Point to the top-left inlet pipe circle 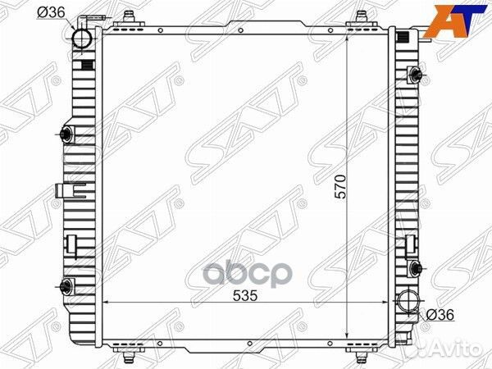tap(83, 39)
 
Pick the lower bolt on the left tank tap(66, 285)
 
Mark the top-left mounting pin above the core tap(129, 17)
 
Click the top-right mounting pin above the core tap(360, 17)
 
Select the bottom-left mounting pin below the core tap(129, 354)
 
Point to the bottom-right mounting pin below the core tap(360, 354)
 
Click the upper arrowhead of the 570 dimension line tap(350, 38)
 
